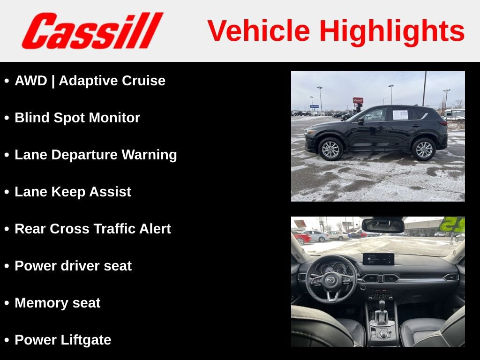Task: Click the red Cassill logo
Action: pyautogui.click(x=92, y=31)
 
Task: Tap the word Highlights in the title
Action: pyautogui.click(x=392, y=31)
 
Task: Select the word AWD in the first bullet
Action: pyautogui.click(x=31, y=81)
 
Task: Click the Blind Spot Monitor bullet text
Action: pyautogui.click(x=77, y=118)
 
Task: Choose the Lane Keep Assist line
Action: pyautogui.click(x=73, y=192)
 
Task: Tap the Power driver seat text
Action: pyautogui.click(x=73, y=266)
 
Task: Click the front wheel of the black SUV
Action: pyautogui.click(x=330, y=149)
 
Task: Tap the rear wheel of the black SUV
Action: pyautogui.click(x=424, y=149)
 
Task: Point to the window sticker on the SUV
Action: pyautogui.click(x=400, y=114)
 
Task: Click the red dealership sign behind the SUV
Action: pyautogui.click(x=358, y=100)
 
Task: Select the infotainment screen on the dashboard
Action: pyautogui.click(x=378, y=259)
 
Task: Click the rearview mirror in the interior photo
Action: pyautogui.click(x=383, y=226)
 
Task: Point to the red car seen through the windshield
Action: pyautogui.click(x=302, y=238)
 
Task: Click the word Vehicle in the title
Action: pyautogui.click(x=259, y=31)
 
